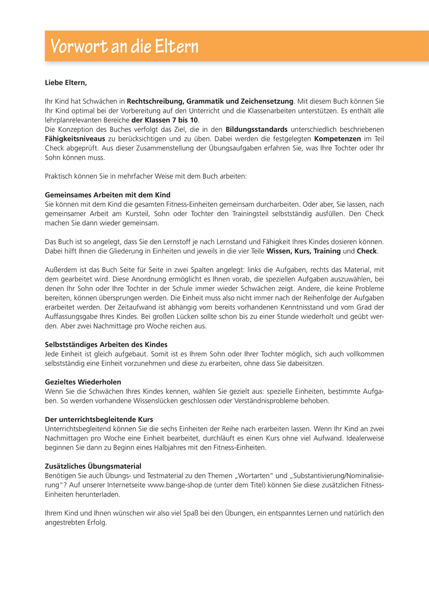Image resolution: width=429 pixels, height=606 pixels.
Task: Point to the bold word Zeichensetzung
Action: pos(267,102)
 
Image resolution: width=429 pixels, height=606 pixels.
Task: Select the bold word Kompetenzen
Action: pos(337,138)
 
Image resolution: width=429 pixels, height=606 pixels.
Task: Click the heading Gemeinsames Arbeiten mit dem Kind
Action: pos(108,195)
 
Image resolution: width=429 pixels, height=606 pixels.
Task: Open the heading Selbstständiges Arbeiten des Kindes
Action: pos(106,345)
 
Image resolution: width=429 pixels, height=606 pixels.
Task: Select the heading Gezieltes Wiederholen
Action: pos(83,382)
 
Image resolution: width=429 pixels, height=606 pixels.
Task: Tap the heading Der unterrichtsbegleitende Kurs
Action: pos(99,419)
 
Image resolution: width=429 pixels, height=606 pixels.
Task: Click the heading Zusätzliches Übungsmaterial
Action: pos(93,466)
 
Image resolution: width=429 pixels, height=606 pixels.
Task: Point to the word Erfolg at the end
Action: pos(96,523)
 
